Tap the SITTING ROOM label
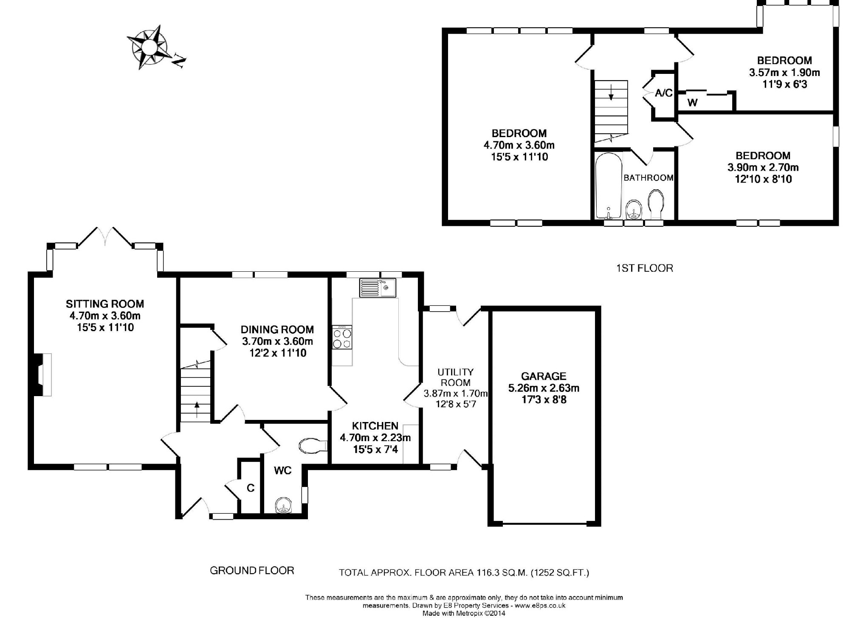click(105, 304)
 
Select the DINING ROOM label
click(277, 329)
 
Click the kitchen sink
click(378, 288)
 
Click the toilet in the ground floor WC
click(313, 446)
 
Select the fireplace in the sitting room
click(42, 375)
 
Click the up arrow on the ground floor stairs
click(197, 409)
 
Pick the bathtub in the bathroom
click(609, 186)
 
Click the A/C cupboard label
click(664, 93)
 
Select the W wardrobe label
click(692, 103)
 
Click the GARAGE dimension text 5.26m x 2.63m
click(544, 388)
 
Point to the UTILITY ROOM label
click(456, 377)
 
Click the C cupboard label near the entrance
click(251, 488)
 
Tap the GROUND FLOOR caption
click(252, 571)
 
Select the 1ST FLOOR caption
click(645, 268)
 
